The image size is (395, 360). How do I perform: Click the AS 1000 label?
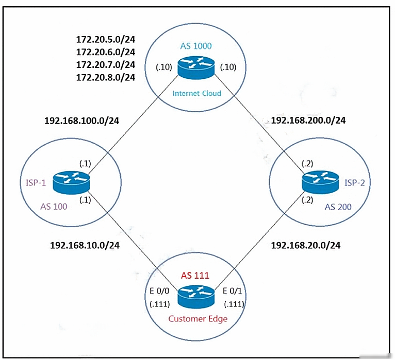(x=196, y=46)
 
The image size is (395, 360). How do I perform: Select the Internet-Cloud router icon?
(x=196, y=67)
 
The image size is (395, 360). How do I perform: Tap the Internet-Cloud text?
(x=197, y=93)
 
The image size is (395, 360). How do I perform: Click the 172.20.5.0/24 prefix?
(x=106, y=39)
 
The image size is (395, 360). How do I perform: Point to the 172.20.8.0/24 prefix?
(x=106, y=77)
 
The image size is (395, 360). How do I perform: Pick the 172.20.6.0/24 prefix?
(x=106, y=52)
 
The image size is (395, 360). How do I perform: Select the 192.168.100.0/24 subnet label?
(x=82, y=121)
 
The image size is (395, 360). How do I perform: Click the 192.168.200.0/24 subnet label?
(x=308, y=120)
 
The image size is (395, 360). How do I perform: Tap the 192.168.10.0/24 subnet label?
(x=85, y=245)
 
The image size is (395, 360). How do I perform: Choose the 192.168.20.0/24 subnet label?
(x=306, y=245)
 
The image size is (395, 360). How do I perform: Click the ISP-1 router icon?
(x=72, y=183)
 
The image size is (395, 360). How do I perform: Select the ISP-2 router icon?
(x=320, y=182)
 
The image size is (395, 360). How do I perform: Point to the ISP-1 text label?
(x=36, y=183)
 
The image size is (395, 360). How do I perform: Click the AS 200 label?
(x=338, y=207)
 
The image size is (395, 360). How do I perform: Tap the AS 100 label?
(x=54, y=207)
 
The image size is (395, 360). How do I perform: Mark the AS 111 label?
(x=195, y=276)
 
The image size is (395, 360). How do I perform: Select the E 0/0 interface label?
(x=159, y=291)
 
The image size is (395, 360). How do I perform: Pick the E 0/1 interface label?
(x=232, y=291)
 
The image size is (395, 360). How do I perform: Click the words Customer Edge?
(x=198, y=319)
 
